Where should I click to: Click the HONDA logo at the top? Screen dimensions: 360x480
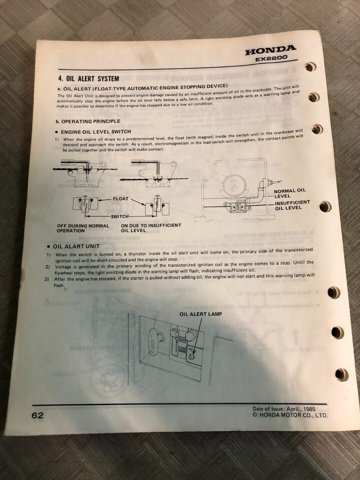click(270, 50)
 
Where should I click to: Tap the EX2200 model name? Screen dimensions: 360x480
click(271, 58)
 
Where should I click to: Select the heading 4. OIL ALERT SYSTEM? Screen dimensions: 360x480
click(89, 78)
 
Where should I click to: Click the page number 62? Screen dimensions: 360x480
click(37, 415)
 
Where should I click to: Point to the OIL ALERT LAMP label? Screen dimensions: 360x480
click(201, 314)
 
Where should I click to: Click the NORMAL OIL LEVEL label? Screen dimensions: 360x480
click(289, 193)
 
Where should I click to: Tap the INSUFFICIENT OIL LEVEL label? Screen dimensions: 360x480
click(292, 205)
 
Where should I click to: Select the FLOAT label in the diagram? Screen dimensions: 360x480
click(120, 198)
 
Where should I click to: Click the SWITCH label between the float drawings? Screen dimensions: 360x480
click(119, 216)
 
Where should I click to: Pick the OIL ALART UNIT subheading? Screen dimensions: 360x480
click(76, 246)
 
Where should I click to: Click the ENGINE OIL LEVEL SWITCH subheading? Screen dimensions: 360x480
click(96, 132)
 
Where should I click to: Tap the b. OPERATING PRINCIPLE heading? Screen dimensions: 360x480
click(88, 121)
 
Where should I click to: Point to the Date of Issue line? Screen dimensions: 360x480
click(284, 409)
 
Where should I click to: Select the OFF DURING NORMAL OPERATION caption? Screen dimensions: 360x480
click(82, 228)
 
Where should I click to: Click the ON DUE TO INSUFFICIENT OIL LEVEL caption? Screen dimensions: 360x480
click(151, 228)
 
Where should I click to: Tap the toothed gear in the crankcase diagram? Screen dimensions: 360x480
click(235, 186)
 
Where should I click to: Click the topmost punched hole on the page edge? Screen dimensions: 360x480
click(310, 66)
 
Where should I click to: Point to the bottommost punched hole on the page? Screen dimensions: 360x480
click(341, 374)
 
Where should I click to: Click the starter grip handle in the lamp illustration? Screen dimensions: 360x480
click(153, 340)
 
